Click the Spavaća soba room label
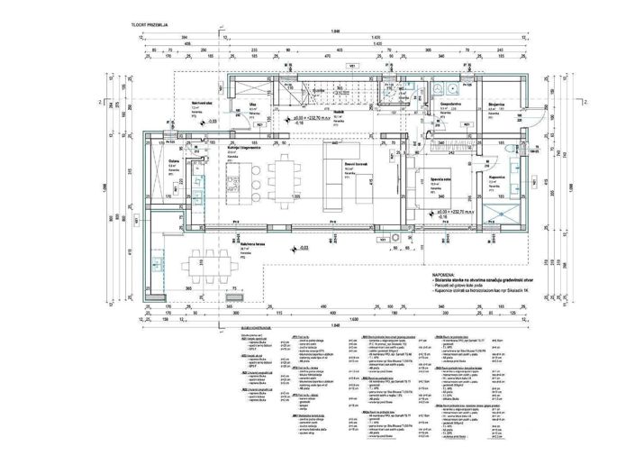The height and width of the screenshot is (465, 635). pos(443,179)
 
